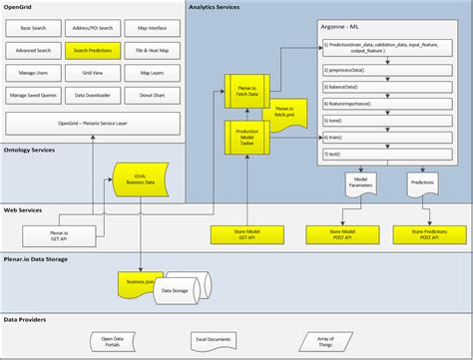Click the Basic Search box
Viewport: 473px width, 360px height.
tap(33, 27)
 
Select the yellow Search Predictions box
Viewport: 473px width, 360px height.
tap(95, 49)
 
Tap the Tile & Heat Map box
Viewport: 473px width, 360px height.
tap(152, 49)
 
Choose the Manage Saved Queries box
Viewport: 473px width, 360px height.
tap(33, 95)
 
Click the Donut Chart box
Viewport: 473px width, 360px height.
tap(152, 95)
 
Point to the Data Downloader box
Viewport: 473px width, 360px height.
tap(95, 95)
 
